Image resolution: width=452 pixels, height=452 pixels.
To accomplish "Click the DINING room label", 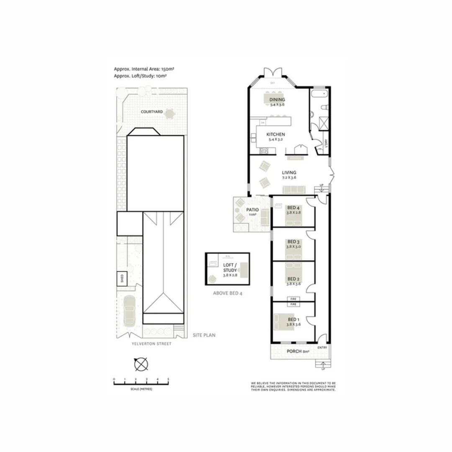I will tap(277, 100).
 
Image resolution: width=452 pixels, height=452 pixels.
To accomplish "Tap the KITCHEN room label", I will tap(276, 134).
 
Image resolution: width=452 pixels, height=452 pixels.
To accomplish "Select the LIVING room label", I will tap(289, 172).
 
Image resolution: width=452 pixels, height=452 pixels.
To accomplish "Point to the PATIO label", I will tap(252, 210).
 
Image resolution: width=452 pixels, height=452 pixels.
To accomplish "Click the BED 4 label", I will tap(293, 208).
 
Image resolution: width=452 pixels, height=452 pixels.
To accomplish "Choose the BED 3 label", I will tap(293, 241).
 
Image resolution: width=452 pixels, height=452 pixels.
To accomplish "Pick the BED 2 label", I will tap(293, 279).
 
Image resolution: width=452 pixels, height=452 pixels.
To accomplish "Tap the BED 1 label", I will tap(293, 319).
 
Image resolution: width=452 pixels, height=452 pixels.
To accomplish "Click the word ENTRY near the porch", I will tap(322, 348).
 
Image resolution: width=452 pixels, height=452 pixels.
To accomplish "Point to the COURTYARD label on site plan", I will tap(152, 112).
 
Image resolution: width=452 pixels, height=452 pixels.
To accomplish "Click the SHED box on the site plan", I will tap(121, 279).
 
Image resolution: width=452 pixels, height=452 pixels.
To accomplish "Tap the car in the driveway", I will tap(130, 311).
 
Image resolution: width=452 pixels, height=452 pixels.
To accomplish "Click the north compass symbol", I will tap(141, 364).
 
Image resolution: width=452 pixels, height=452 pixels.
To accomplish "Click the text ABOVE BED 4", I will tap(228, 293).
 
